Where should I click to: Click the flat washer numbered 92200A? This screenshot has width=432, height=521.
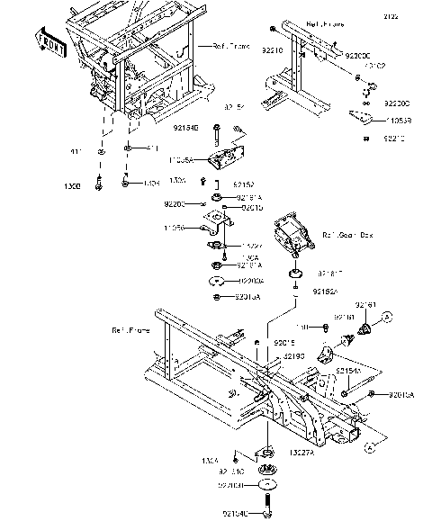coord(219,281)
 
